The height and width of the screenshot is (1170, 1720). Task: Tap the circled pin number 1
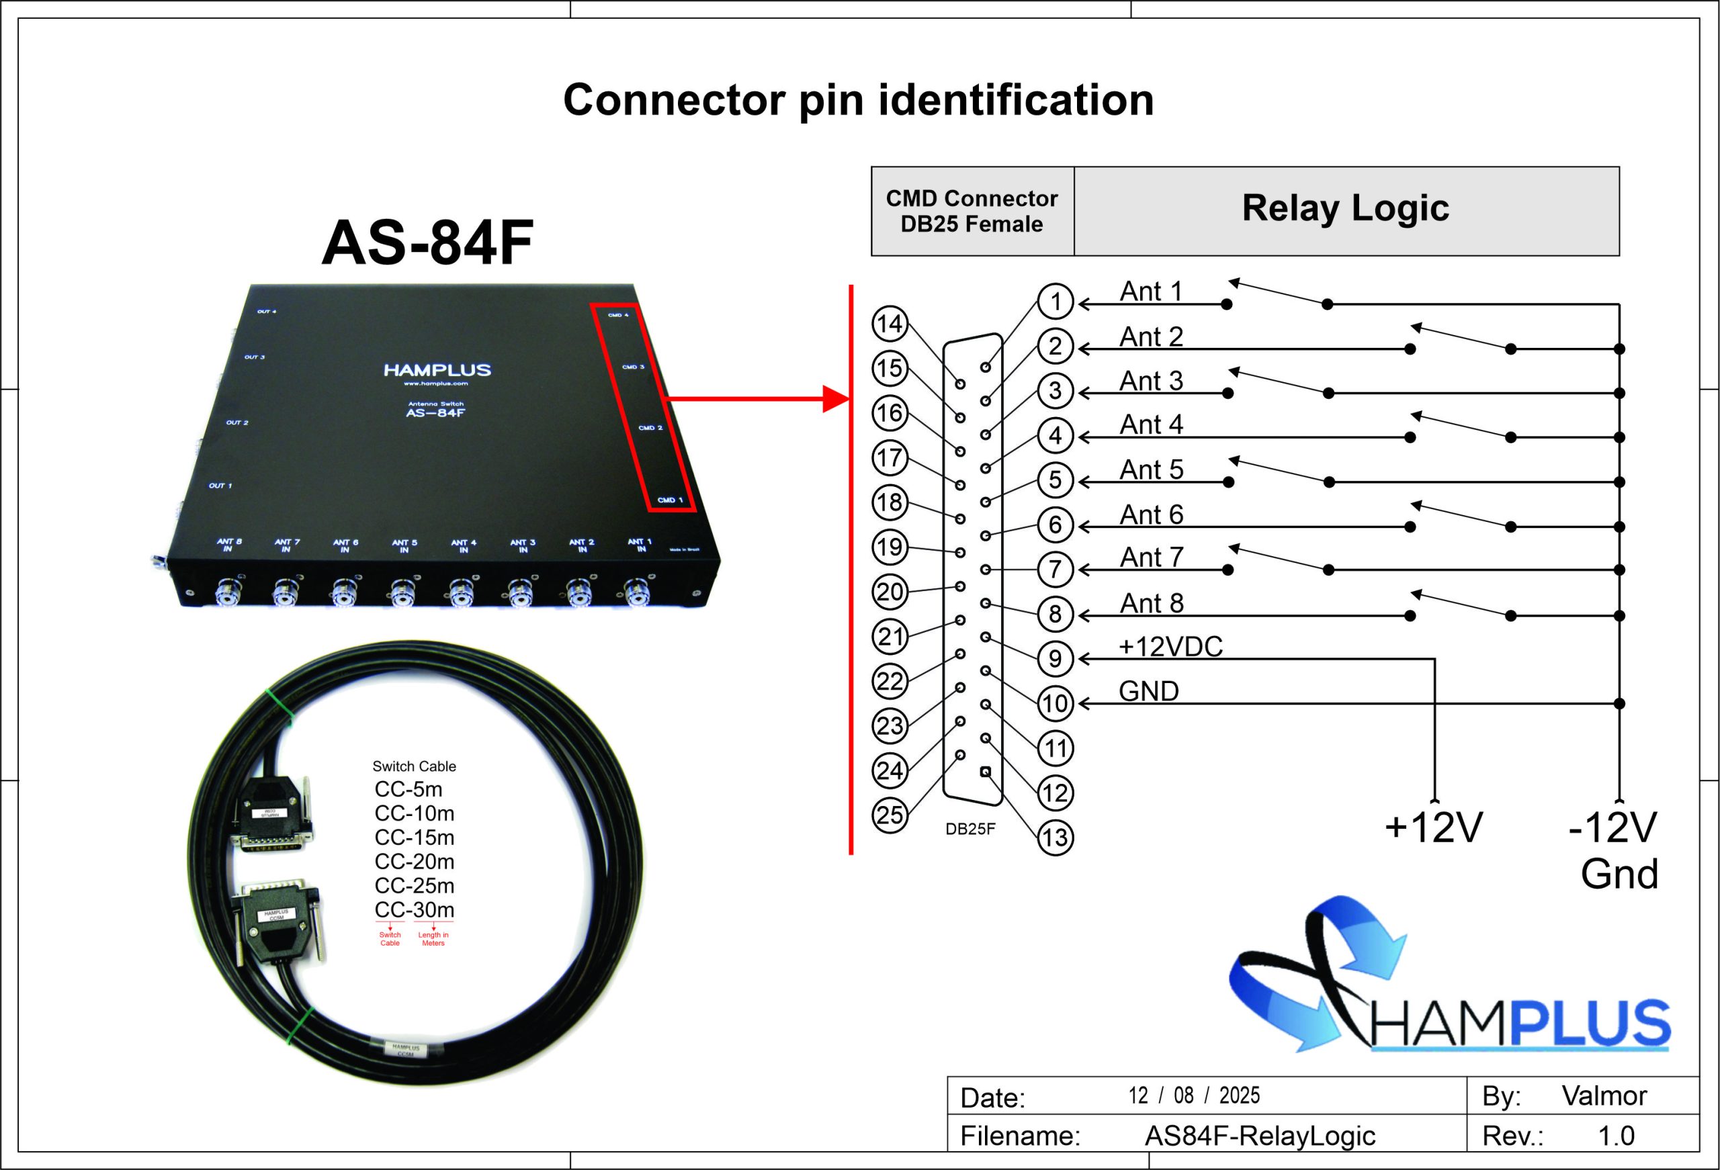click(x=1056, y=301)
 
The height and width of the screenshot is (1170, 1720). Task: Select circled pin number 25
click(x=890, y=815)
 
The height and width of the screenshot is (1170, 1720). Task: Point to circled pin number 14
click(x=890, y=324)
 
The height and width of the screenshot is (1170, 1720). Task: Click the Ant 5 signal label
click(x=1151, y=470)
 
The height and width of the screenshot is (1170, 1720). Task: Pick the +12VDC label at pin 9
click(x=1170, y=647)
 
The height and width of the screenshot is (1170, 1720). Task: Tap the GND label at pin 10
click(x=1149, y=691)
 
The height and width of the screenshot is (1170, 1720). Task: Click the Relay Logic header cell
click(x=1345, y=208)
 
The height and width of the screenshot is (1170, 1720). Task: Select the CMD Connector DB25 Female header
click(x=972, y=211)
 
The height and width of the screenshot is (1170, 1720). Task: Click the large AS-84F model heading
click(x=427, y=242)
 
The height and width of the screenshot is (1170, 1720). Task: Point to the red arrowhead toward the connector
click(x=836, y=399)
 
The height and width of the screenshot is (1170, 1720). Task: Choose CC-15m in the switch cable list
click(x=415, y=838)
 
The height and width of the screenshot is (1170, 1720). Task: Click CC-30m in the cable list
click(x=415, y=909)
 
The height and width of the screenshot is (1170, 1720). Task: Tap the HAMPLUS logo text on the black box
click(x=437, y=369)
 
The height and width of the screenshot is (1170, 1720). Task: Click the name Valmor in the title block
click(x=1604, y=1095)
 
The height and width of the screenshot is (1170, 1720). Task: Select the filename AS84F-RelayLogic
click(x=1260, y=1136)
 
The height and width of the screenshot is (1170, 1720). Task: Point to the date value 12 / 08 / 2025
click(x=1194, y=1095)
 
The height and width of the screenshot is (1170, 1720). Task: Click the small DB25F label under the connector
click(x=970, y=829)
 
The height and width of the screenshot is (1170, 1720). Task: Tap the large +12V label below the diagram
click(x=1434, y=827)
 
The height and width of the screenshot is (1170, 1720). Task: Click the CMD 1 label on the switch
click(x=670, y=500)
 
